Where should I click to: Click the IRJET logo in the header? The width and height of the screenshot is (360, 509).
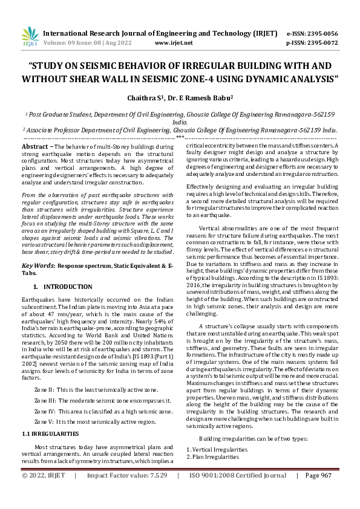[x=30, y=38]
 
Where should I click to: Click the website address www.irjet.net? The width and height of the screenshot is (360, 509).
[x=174, y=43]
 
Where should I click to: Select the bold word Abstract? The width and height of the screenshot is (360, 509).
[x=34, y=147]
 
